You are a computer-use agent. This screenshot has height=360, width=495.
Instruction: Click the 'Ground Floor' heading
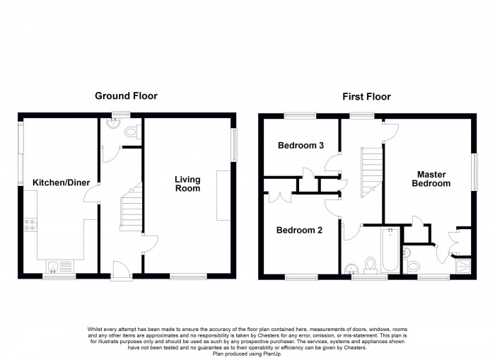(126, 95)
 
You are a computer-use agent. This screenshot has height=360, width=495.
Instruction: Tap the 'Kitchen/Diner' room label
(61, 183)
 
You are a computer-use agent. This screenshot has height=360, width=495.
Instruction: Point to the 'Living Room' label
(187, 184)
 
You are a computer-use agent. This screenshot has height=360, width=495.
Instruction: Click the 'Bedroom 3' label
(301, 146)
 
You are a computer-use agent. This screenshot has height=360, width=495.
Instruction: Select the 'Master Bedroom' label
(433, 178)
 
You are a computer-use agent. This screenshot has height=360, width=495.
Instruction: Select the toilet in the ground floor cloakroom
(128, 130)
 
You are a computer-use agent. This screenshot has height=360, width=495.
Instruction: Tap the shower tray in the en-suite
(462, 266)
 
